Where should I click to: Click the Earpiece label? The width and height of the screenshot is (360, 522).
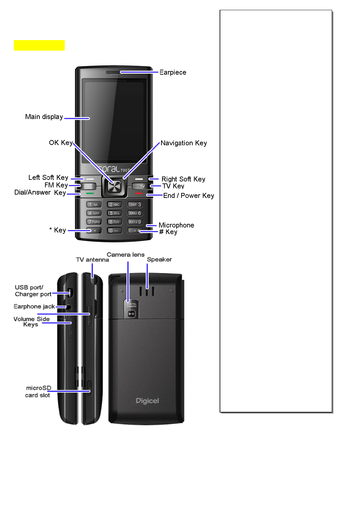pyautogui.click(x=173, y=72)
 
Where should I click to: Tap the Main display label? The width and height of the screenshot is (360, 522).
pyautogui.click(x=44, y=117)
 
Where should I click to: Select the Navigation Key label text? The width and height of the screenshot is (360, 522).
pyautogui.click(x=183, y=143)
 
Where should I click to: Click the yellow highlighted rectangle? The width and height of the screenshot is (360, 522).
pyautogui.click(x=39, y=45)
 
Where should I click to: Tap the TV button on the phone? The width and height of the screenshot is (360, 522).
pyautogui.click(x=142, y=186)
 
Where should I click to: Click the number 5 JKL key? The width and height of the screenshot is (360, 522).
pyautogui.click(x=114, y=213)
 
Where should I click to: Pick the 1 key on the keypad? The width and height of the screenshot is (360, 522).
pyautogui.click(x=94, y=204)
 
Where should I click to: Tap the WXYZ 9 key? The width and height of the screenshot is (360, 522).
pyautogui.click(x=135, y=222)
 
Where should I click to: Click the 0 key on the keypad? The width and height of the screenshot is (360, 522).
pyautogui.click(x=114, y=231)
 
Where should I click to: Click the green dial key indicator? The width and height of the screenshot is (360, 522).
pyautogui.click(x=90, y=193)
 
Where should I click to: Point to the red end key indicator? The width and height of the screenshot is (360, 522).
pyautogui.click(x=139, y=193)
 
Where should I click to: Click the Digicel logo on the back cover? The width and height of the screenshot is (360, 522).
pyautogui.click(x=147, y=401)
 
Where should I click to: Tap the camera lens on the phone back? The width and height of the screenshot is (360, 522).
pyautogui.click(x=132, y=314)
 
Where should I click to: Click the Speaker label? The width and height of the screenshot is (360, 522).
pyautogui.click(x=159, y=259)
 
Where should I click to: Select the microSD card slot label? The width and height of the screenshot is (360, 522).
pyautogui.click(x=38, y=391)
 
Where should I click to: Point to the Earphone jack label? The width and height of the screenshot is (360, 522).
pyautogui.click(x=34, y=306)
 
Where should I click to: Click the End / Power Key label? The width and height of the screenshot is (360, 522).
pyautogui.click(x=188, y=196)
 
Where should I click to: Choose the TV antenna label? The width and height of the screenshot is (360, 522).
pyautogui.click(x=92, y=260)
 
